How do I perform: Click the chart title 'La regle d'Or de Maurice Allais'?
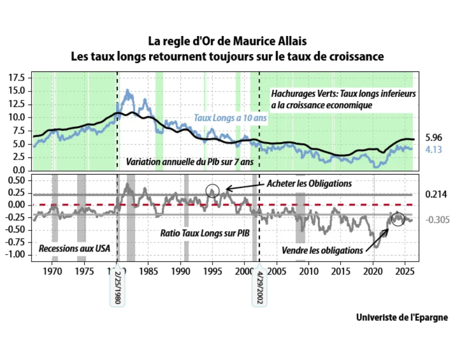pos(227,40)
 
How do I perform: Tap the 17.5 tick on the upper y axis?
pos(16,77)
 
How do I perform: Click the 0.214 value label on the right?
pos(435,194)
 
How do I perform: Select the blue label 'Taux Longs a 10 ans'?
pos(230,118)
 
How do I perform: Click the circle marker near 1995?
pos(212,190)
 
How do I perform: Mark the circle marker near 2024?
pos(397,218)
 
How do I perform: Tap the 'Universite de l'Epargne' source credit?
pos(402,317)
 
